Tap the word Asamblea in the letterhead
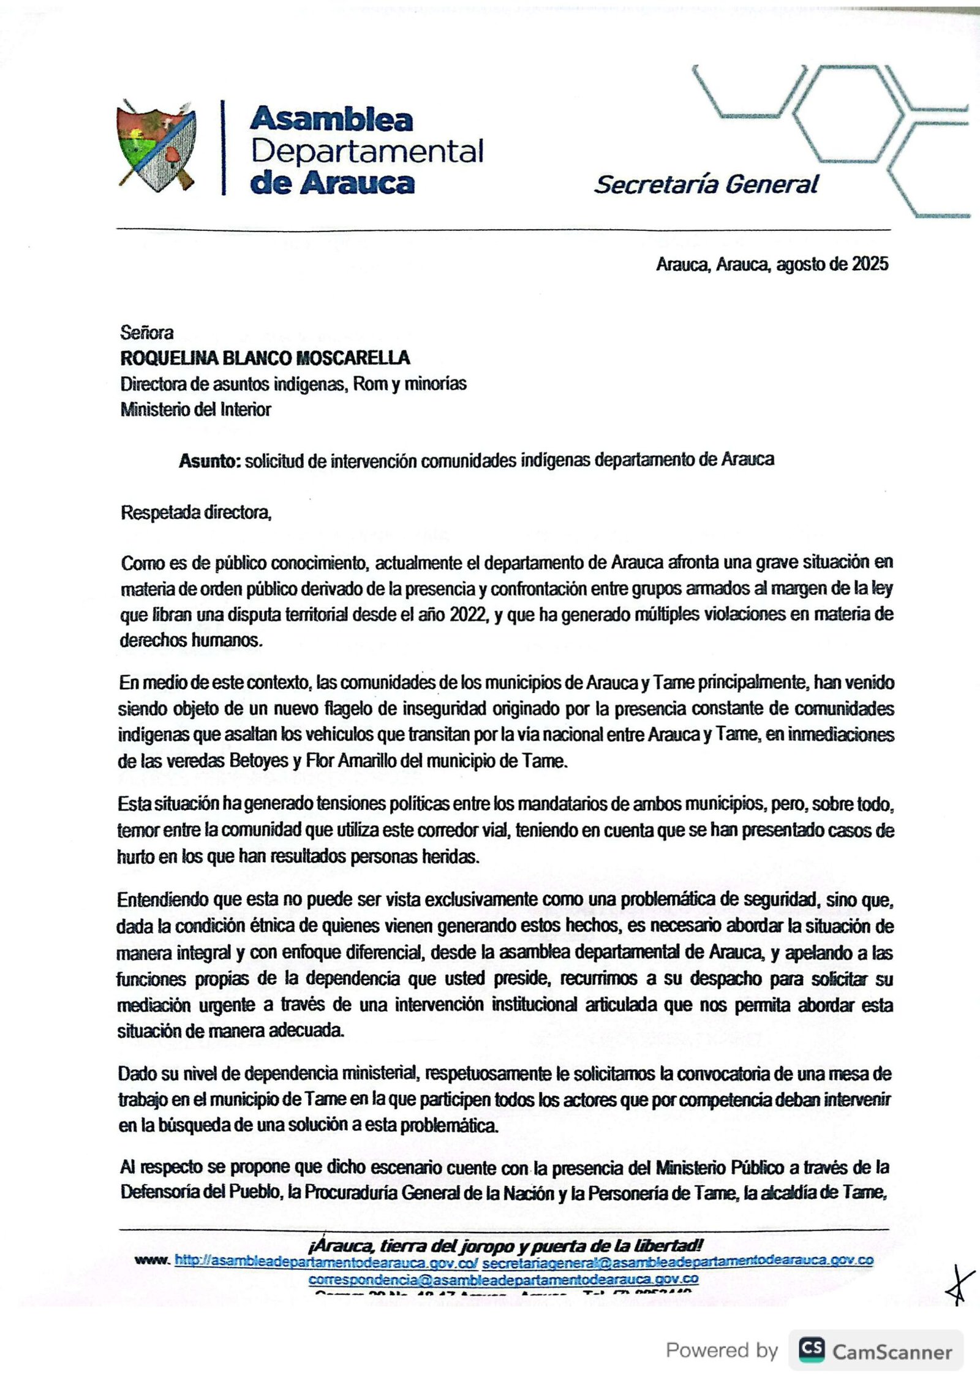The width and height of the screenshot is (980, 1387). pos(331,119)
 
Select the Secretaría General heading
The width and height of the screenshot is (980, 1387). pos(706,184)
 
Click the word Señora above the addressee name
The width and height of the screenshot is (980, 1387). pos(147,333)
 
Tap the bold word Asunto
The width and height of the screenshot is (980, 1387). pos(210,460)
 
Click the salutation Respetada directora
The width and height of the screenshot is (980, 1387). pos(196,512)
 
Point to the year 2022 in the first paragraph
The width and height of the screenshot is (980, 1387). pos(469,614)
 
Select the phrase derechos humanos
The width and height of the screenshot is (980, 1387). pos(191,641)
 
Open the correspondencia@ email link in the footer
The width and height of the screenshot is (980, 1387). pos(503,1279)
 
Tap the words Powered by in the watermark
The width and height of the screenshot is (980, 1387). pos(722,1350)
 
